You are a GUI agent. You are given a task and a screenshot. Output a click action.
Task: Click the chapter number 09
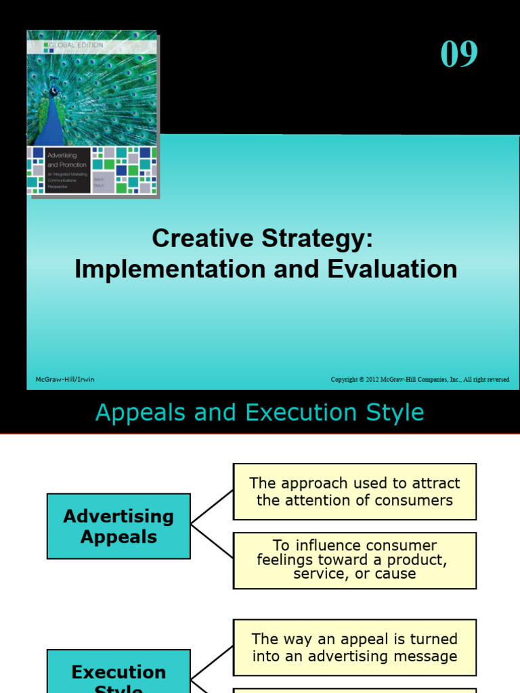[x=459, y=54]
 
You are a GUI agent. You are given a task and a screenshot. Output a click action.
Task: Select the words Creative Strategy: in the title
[x=262, y=238]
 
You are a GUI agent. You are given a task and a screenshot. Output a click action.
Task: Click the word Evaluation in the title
[x=393, y=269]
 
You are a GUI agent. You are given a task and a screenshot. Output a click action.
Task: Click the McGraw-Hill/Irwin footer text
[x=65, y=380]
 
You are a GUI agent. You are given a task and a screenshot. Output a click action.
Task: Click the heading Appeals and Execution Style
[x=260, y=412]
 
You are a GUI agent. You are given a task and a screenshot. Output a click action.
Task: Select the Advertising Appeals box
[x=118, y=527]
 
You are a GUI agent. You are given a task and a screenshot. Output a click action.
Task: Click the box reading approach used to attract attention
[x=354, y=491]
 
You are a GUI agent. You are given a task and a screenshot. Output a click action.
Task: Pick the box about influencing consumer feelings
[x=354, y=560]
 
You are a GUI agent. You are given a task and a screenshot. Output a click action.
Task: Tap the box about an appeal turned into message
[x=354, y=647]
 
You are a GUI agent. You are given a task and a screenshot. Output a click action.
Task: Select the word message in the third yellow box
[x=425, y=656]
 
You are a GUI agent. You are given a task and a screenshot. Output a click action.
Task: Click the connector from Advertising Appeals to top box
[x=212, y=508]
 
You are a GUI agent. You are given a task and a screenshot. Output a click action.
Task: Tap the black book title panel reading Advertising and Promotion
[x=59, y=170]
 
